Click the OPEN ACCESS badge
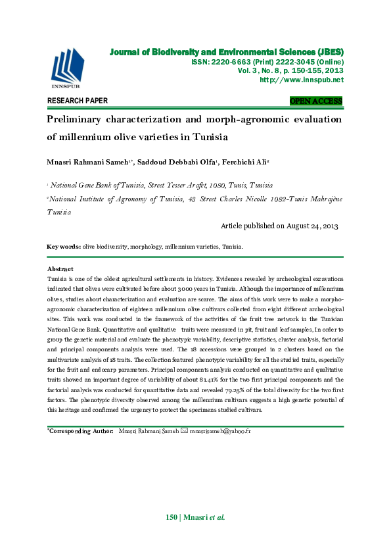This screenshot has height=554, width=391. (316, 101)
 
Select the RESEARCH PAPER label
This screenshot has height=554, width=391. (78, 101)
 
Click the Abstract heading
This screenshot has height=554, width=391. (60, 269)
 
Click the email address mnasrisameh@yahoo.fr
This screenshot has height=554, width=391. (220, 431)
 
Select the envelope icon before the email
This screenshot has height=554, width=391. (184, 431)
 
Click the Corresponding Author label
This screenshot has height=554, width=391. (78, 431)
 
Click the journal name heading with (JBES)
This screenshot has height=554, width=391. (226, 51)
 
